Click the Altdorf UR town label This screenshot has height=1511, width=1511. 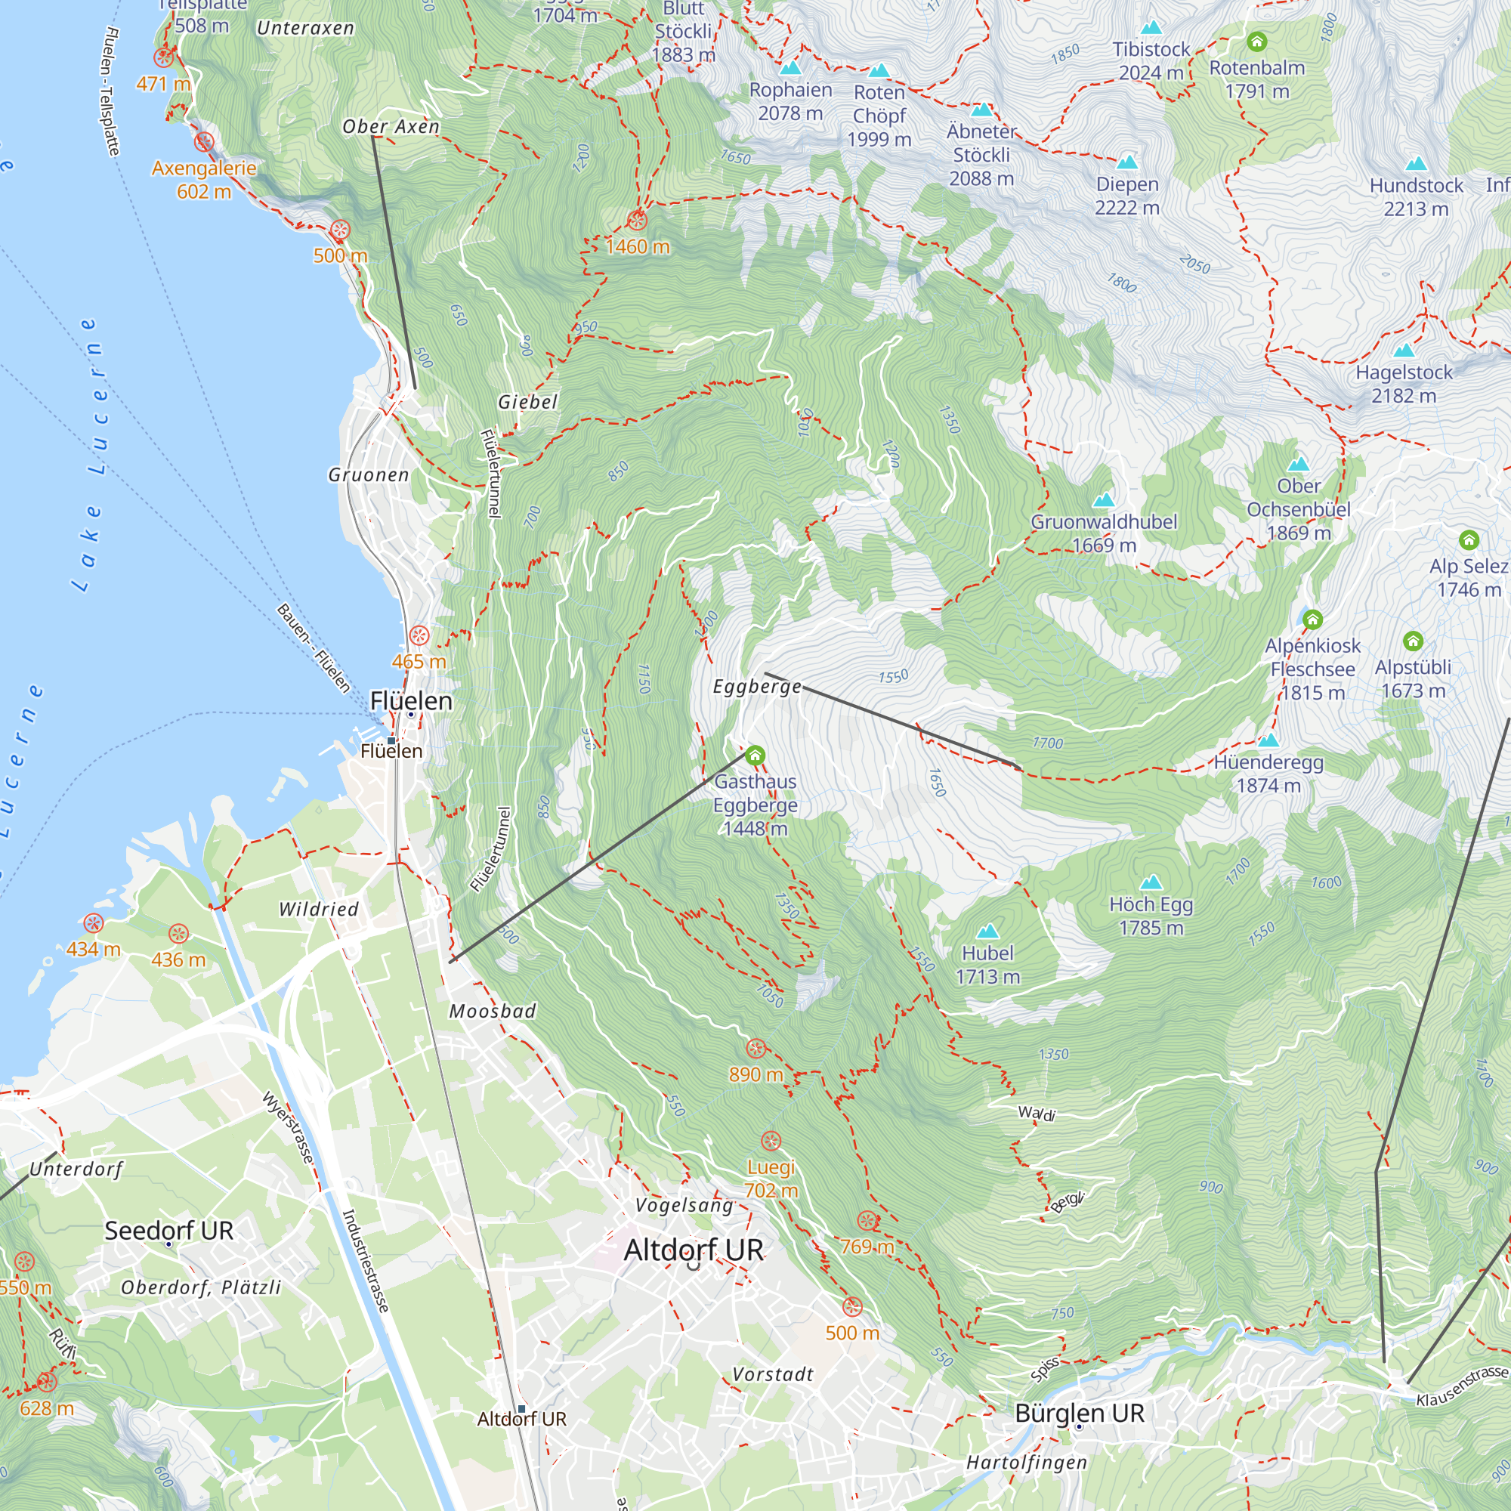(x=693, y=1250)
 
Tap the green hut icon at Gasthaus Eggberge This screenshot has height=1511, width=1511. (x=755, y=755)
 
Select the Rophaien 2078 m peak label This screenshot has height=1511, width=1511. (x=790, y=102)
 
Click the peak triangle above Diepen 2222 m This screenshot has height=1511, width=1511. (x=1127, y=162)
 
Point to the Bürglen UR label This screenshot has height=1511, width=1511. (x=1080, y=1414)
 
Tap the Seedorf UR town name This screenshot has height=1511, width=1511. (x=169, y=1230)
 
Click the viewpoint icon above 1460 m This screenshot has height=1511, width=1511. (x=638, y=221)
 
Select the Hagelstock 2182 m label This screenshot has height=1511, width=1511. (x=1404, y=383)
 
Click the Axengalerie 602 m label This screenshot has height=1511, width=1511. (x=203, y=179)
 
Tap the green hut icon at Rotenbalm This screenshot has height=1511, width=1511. (x=1257, y=42)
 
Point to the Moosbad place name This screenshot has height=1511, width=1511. (x=493, y=1012)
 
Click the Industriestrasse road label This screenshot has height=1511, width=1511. (x=365, y=1260)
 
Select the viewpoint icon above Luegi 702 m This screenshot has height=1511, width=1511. (x=771, y=1141)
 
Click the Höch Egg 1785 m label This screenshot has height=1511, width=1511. (x=1151, y=916)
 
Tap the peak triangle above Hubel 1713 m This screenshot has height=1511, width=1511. (x=987, y=931)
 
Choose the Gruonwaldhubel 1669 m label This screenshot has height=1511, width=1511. (x=1104, y=533)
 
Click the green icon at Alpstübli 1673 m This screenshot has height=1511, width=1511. (x=1413, y=641)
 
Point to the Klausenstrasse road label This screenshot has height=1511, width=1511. (x=1462, y=1386)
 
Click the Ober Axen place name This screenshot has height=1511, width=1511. (x=391, y=127)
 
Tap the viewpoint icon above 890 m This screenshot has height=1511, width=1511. (x=755, y=1049)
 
